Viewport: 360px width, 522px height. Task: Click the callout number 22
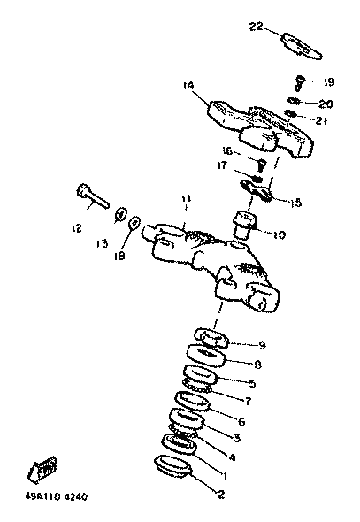click(x=256, y=26)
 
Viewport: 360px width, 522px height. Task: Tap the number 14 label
click(x=188, y=85)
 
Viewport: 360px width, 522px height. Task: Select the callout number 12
click(x=77, y=228)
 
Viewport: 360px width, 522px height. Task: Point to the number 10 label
click(x=279, y=235)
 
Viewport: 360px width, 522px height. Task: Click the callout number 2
click(x=221, y=495)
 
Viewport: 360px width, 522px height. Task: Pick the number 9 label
click(x=263, y=345)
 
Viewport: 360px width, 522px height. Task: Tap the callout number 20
click(x=326, y=104)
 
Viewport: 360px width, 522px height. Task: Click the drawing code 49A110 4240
click(x=57, y=496)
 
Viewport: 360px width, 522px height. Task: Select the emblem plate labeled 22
click(x=302, y=46)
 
